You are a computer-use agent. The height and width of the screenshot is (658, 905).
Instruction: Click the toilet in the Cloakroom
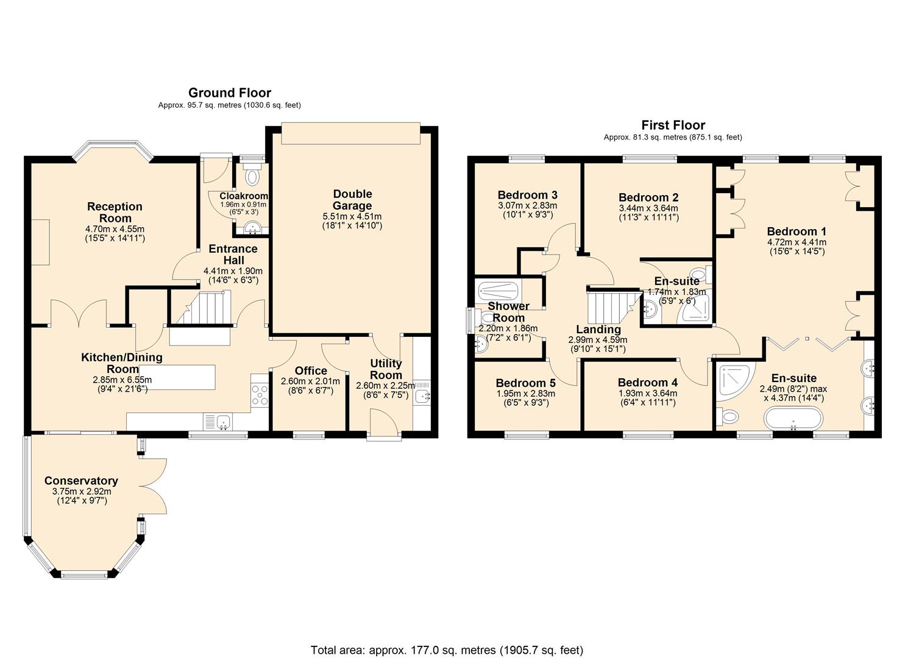[x=251, y=177]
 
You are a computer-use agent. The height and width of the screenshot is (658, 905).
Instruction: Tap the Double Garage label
[x=352, y=200]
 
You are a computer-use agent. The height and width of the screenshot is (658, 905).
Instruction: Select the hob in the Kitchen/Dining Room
[x=260, y=395]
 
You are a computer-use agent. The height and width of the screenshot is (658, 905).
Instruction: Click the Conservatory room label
[x=81, y=481]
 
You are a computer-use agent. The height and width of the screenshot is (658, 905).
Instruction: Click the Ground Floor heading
[x=229, y=93]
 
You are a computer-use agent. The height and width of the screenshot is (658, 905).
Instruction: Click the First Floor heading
[x=673, y=125]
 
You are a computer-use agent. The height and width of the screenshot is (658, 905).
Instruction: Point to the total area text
[x=447, y=650]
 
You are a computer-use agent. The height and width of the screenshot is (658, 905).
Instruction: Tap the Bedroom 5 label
[x=525, y=383]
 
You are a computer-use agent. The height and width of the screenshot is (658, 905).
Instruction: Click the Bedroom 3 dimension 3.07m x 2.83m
[x=527, y=206]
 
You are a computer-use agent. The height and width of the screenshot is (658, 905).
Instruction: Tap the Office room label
[x=311, y=371]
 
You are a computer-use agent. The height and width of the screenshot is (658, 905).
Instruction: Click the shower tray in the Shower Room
[x=498, y=289]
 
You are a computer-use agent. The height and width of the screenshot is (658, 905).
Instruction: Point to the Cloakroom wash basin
[x=250, y=229]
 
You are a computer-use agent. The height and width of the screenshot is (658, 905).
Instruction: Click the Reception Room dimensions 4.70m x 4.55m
[x=115, y=229]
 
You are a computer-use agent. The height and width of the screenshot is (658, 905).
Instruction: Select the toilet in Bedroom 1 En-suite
[x=728, y=417]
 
